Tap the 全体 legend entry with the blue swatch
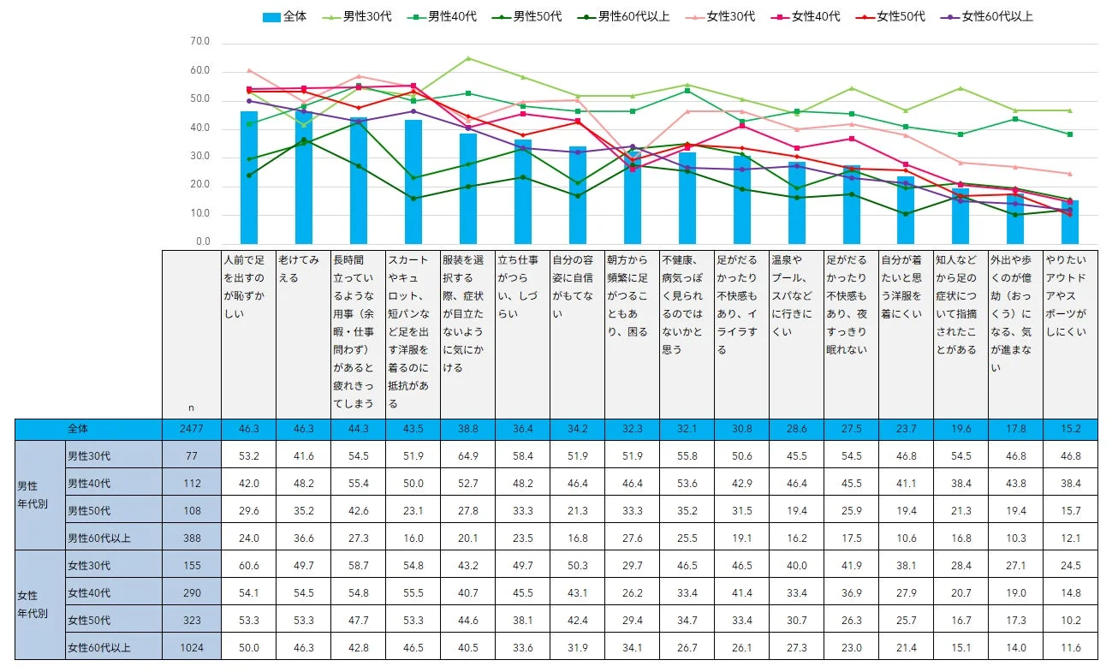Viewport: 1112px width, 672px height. pyautogui.click(x=284, y=16)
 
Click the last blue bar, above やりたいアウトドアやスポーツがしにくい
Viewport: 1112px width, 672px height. pyautogui.click(x=1070, y=222)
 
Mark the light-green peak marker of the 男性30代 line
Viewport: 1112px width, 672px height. pyautogui.click(x=468, y=58)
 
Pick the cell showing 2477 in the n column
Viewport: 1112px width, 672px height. pyautogui.click(x=192, y=429)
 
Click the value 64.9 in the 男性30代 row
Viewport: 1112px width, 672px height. pyautogui.click(x=468, y=455)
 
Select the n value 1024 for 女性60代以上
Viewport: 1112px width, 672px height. pyautogui.click(x=192, y=648)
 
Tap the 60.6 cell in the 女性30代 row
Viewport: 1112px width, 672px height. pyautogui.click(x=248, y=566)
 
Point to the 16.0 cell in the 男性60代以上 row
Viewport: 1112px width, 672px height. pyautogui.click(x=413, y=538)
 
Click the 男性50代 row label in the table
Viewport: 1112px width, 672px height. pyautogui.click(x=89, y=511)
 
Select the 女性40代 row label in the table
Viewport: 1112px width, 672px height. pyautogui.click(x=89, y=593)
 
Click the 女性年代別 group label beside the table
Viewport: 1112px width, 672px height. pyautogui.click(x=33, y=606)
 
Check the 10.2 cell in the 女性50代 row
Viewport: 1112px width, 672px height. pyautogui.click(x=1071, y=621)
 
